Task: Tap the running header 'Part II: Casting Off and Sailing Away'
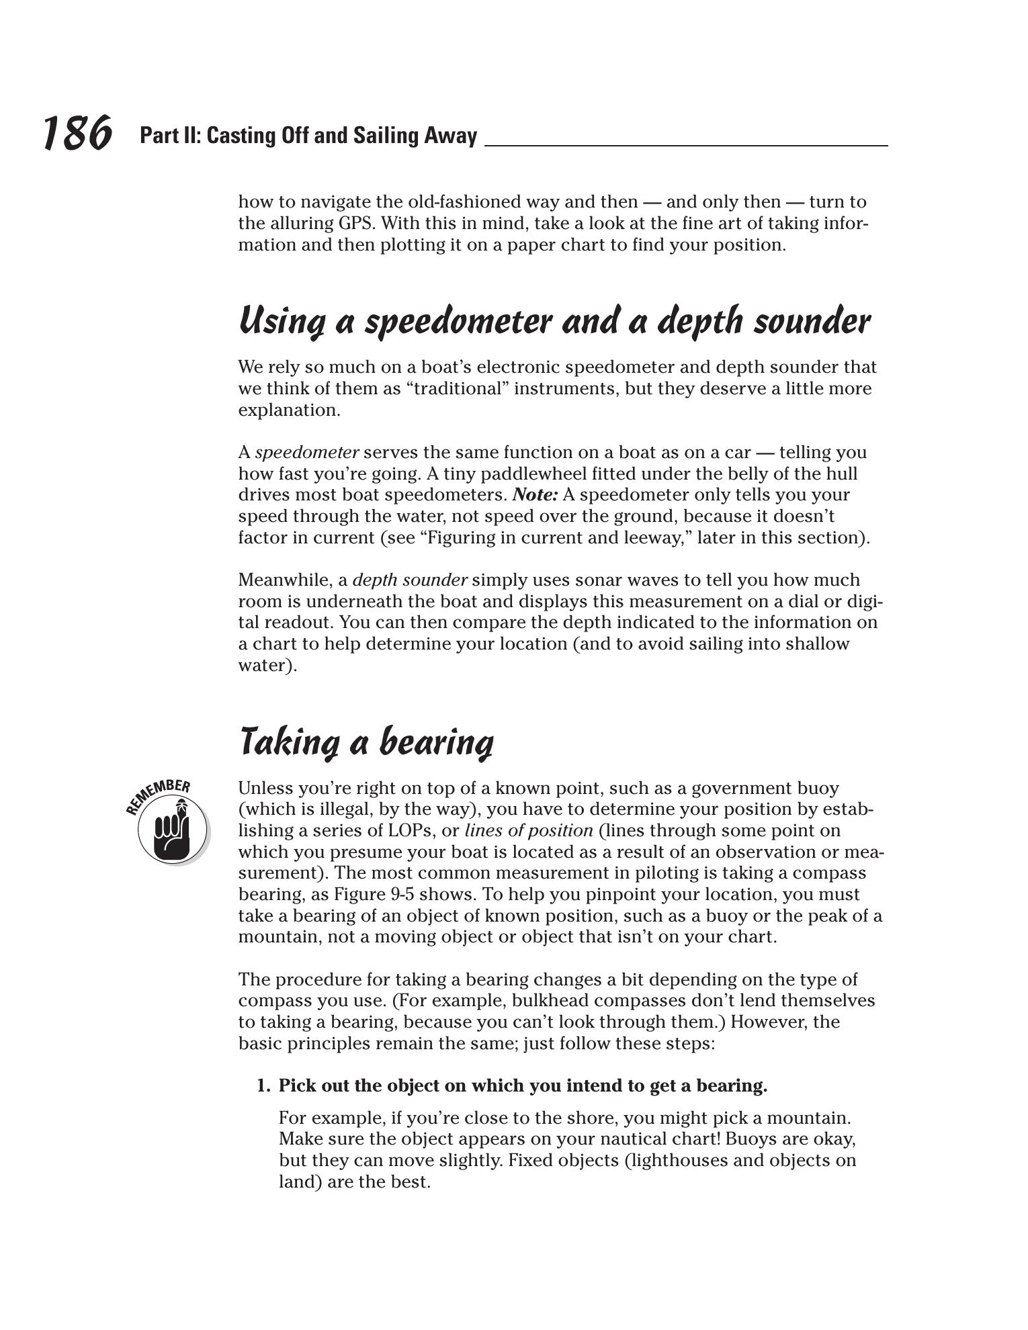[x=308, y=136]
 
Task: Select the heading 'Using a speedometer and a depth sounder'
[x=554, y=322]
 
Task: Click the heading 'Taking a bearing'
[x=366, y=743]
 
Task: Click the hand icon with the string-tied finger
[x=172, y=831]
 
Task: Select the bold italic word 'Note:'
[x=535, y=495]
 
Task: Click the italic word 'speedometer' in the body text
[x=307, y=453]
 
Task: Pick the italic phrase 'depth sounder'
[x=410, y=580]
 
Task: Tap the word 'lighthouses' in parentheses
[x=678, y=1161]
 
